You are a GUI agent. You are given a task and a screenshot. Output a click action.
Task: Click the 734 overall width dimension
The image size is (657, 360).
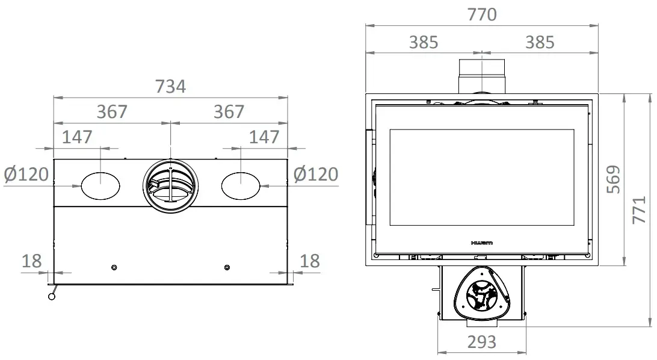tap(170, 87)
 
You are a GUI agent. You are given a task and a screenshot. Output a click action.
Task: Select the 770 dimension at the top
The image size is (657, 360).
tap(482, 14)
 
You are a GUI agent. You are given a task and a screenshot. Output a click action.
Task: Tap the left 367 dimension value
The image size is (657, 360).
tap(113, 112)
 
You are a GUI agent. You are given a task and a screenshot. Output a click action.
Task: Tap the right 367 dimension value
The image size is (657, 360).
tap(229, 112)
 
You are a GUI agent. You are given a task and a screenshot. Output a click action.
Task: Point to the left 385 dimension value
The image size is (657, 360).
tap(424, 42)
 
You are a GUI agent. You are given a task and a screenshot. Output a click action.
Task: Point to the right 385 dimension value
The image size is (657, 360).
tap(540, 42)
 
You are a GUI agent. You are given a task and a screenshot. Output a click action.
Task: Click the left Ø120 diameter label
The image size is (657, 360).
tap(26, 175)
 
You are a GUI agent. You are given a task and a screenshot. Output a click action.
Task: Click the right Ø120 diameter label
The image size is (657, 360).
tap(316, 175)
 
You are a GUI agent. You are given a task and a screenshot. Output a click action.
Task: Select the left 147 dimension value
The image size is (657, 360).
tap(77, 137)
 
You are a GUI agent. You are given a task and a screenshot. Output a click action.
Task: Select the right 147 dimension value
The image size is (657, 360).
tap(265, 137)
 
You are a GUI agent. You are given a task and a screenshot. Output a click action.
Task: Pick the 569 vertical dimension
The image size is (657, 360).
tap(614, 179)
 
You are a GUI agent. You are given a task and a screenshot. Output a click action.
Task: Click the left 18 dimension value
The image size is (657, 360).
tap(31, 261)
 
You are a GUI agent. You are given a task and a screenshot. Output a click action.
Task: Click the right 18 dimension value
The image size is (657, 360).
tap(309, 261)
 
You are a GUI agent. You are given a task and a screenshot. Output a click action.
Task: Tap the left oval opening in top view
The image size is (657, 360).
tap(100, 185)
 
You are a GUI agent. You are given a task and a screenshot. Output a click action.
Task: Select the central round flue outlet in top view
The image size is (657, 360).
tap(170, 186)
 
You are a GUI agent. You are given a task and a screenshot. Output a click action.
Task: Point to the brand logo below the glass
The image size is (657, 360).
tap(481, 243)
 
